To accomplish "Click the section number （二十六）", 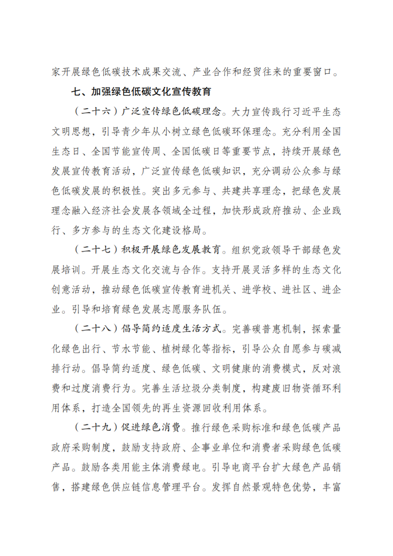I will point(93,113).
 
